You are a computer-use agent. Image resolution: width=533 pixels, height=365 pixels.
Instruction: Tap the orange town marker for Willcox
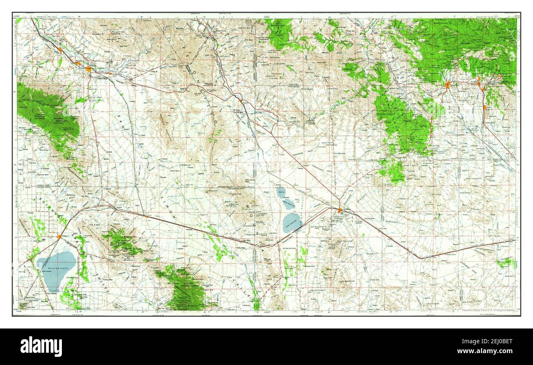[59, 237]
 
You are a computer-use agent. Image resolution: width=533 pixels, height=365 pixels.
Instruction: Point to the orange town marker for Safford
[89, 69]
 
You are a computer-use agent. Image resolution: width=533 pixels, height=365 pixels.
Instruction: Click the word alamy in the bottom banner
[41, 347]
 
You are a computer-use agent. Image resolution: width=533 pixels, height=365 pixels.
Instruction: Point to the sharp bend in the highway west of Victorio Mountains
[418, 258]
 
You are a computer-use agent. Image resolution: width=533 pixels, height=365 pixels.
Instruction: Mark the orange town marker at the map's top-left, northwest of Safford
[60, 50]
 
